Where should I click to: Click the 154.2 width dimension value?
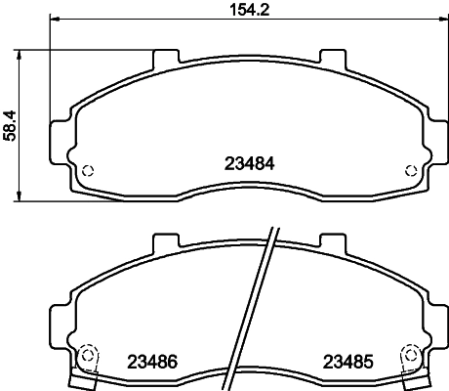(x=250, y=10)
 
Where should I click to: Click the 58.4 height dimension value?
(x=10, y=125)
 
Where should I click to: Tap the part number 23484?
(x=250, y=163)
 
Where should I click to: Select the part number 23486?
(x=152, y=362)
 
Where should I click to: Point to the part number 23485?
(x=347, y=362)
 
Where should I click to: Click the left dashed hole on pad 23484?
(x=88, y=171)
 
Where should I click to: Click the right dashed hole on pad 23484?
(x=411, y=170)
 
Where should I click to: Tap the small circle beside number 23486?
(x=87, y=355)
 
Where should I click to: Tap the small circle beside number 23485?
(x=411, y=355)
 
